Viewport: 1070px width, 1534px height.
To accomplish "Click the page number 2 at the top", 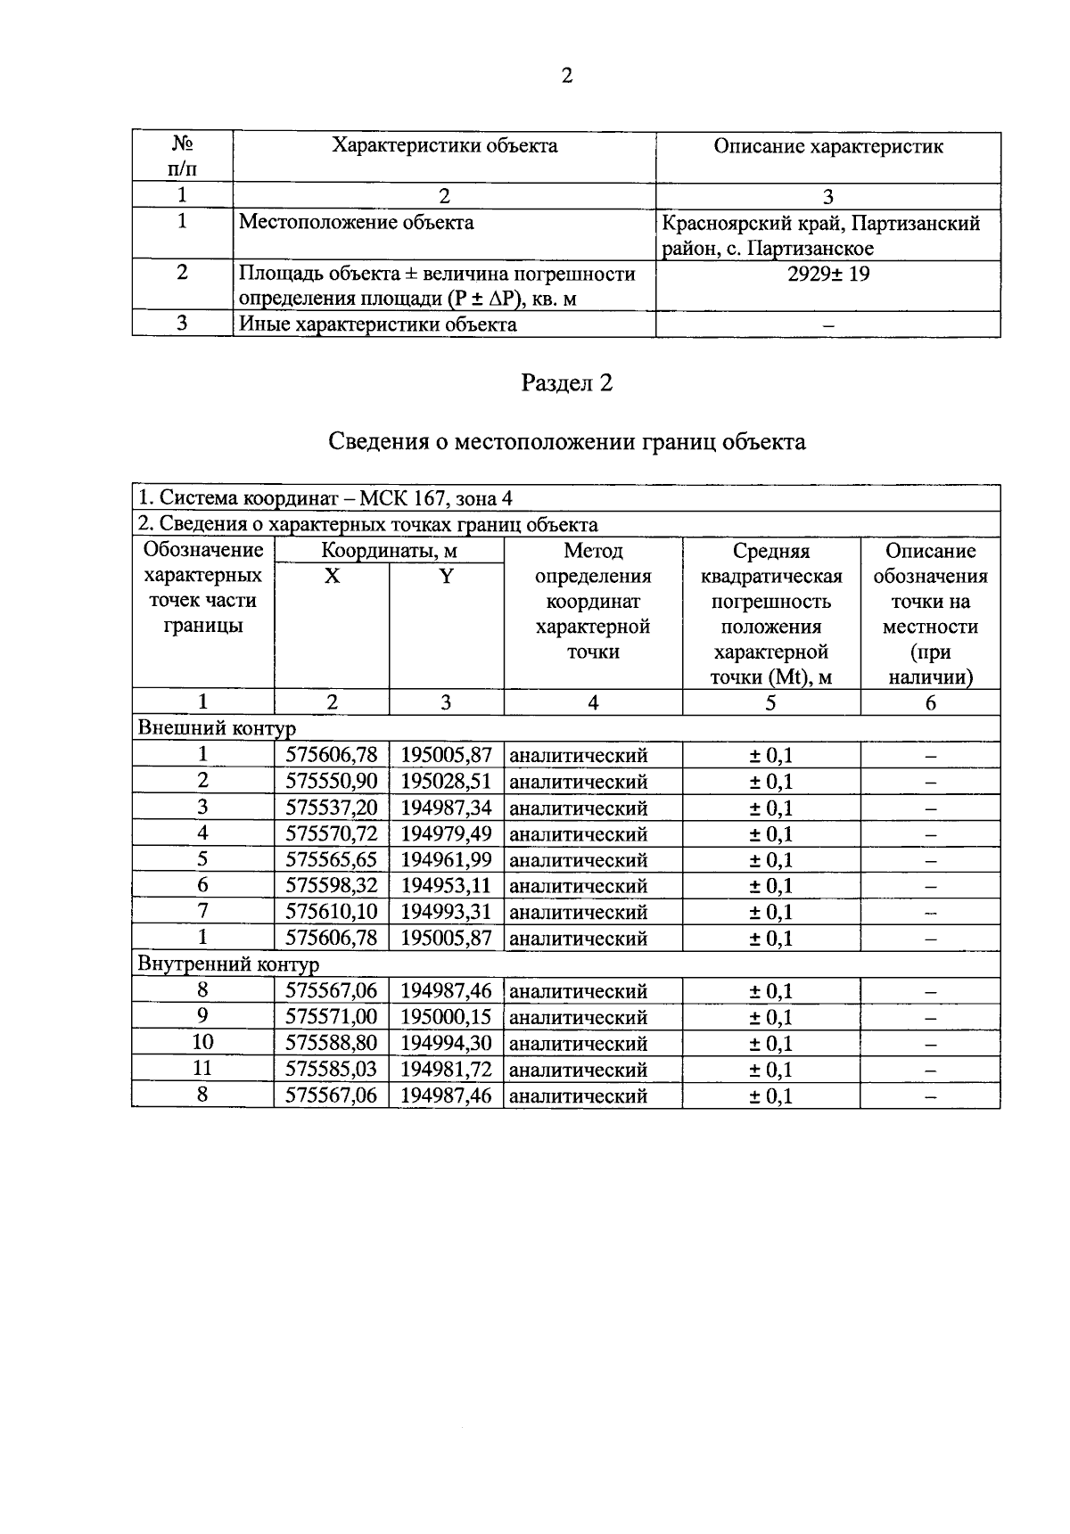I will [567, 76].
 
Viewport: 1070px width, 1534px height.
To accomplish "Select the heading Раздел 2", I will [567, 383].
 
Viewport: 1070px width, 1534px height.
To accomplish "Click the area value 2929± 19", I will [828, 274].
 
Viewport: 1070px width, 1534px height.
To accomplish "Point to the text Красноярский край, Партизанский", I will [821, 223].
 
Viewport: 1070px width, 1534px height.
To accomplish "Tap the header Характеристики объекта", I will [445, 146].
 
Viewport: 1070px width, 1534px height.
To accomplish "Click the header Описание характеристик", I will [828, 146].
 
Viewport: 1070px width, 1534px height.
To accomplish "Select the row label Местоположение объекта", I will [357, 222].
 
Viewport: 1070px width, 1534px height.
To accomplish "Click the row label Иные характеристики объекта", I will [378, 324].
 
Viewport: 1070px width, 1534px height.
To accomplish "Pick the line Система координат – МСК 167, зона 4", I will [325, 498].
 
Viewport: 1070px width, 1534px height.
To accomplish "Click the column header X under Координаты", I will [332, 577].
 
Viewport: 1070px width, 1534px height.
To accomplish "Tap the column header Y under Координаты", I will [446, 577].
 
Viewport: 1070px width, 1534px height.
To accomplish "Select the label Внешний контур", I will [216, 728].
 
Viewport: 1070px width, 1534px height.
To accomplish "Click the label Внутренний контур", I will [228, 964].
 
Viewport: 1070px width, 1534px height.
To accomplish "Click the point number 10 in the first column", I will [202, 1043].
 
